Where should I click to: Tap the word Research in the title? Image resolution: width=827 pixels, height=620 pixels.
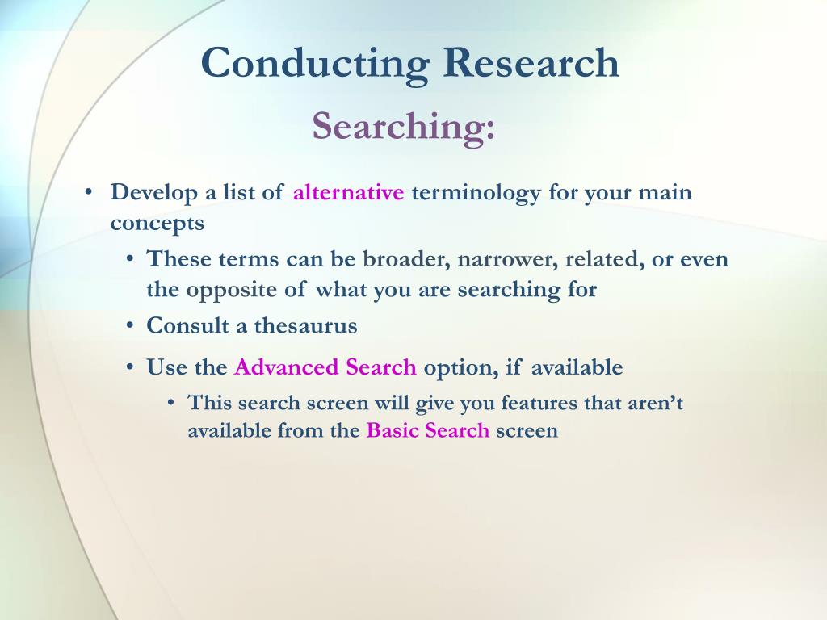pyautogui.click(x=531, y=62)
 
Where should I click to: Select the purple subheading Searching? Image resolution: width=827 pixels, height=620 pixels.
pyautogui.click(x=404, y=128)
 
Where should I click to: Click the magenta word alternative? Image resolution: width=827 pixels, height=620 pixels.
pyautogui.click(x=349, y=191)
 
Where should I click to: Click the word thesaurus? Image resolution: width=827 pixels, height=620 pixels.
pyautogui.click(x=306, y=326)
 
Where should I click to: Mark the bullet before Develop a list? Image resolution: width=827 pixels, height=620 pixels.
pyautogui.click(x=88, y=191)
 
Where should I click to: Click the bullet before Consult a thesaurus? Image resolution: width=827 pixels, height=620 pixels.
pyautogui.click(x=130, y=325)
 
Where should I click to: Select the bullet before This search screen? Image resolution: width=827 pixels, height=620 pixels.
pyautogui.click(x=171, y=403)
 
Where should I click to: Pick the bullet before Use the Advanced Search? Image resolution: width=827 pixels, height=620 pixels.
pyautogui.click(x=130, y=367)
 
